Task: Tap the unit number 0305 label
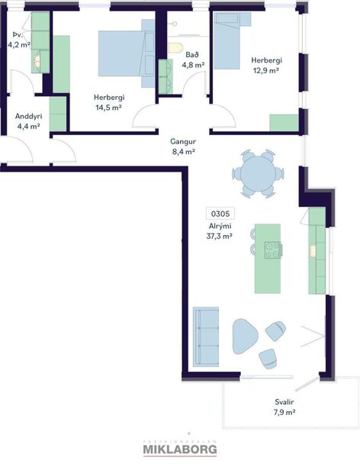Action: point(219,214)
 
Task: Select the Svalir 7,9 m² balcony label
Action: point(285,407)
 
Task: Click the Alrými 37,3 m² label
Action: point(219,231)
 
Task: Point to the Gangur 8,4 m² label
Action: point(183,146)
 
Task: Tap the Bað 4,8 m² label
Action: point(192,60)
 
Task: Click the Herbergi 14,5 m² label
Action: point(109,102)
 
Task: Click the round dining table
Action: point(257,174)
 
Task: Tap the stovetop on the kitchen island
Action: point(272,249)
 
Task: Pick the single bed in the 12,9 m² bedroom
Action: point(227,43)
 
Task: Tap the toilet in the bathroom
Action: point(176,50)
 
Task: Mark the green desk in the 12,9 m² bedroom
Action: point(284,122)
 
